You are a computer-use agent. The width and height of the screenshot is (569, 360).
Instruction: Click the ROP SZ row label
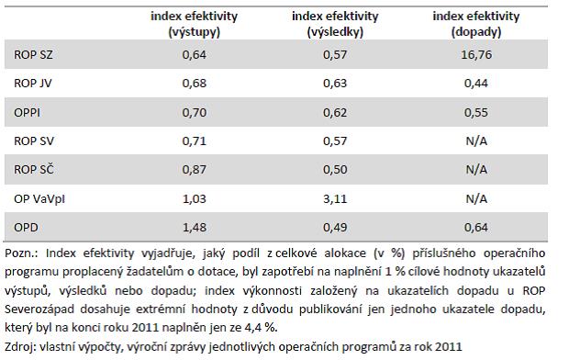click(x=33, y=54)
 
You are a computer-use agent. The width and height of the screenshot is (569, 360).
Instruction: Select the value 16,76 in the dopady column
click(x=476, y=54)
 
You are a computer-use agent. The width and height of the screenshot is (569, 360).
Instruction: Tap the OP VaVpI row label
click(x=39, y=198)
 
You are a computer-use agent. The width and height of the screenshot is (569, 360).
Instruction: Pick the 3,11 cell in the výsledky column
click(x=335, y=198)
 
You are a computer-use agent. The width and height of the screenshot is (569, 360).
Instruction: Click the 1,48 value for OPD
click(x=195, y=228)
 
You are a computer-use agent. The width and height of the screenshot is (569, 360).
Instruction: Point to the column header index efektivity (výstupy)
click(x=195, y=24)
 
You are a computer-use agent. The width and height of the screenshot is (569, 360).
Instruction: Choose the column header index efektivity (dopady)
click(x=476, y=24)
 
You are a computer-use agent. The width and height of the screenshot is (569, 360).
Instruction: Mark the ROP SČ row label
click(x=34, y=169)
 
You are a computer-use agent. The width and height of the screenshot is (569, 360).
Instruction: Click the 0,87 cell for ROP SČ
click(x=195, y=170)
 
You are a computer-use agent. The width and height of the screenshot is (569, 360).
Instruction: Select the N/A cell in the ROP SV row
click(x=476, y=141)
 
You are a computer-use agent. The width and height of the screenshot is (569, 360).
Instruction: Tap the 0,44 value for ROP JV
click(x=476, y=84)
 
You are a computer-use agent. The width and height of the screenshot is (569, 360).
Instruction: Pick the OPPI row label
click(x=27, y=112)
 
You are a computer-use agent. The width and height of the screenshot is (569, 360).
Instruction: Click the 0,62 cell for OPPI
click(x=335, y=112)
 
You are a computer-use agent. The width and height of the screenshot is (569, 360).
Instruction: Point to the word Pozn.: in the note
click(x=21, y=253)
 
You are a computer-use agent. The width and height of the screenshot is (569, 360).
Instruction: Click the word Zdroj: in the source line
click(x=20, y=346)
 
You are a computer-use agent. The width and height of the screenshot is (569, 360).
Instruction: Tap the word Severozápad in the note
click(x=39, y=309)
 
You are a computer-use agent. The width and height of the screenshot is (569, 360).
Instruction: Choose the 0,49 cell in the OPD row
click(x=335, y=228)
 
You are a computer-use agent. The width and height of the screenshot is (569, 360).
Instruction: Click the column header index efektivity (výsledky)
click(x=335, y=24)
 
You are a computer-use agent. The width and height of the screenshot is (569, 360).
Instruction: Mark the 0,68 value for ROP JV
click(x=195, y=84)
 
